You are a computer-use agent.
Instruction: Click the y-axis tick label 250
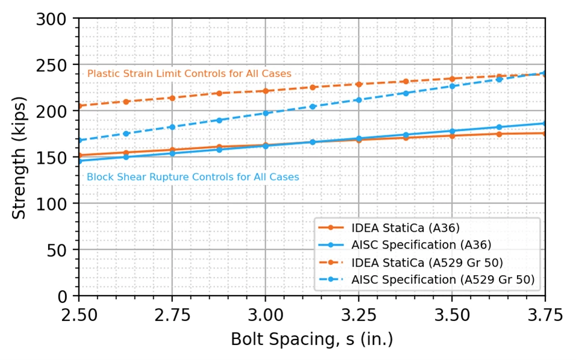tap(51, 66)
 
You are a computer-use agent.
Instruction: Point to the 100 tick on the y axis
tap(51, 203)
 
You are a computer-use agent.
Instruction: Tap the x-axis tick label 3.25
tap(359, 315)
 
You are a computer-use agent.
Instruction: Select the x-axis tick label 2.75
tap(172, 315)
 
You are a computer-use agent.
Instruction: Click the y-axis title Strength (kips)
tap(19, 158)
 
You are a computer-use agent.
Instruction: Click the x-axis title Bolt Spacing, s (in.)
tap(312, 339)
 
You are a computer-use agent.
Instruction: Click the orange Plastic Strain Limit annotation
tap(189, 74)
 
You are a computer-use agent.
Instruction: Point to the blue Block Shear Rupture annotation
tap(193, 177)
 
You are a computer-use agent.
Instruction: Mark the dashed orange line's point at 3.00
tap(266, 91)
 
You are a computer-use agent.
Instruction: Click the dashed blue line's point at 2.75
tap(172, 127)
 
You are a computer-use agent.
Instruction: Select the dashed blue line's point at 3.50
tap(452, 86)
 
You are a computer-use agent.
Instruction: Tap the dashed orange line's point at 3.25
tap(359, 84)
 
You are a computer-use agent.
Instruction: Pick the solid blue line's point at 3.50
tap(452, 131)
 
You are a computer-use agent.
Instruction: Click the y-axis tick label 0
tap(63, 296)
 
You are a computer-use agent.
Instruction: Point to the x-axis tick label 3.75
tap(545, 315)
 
